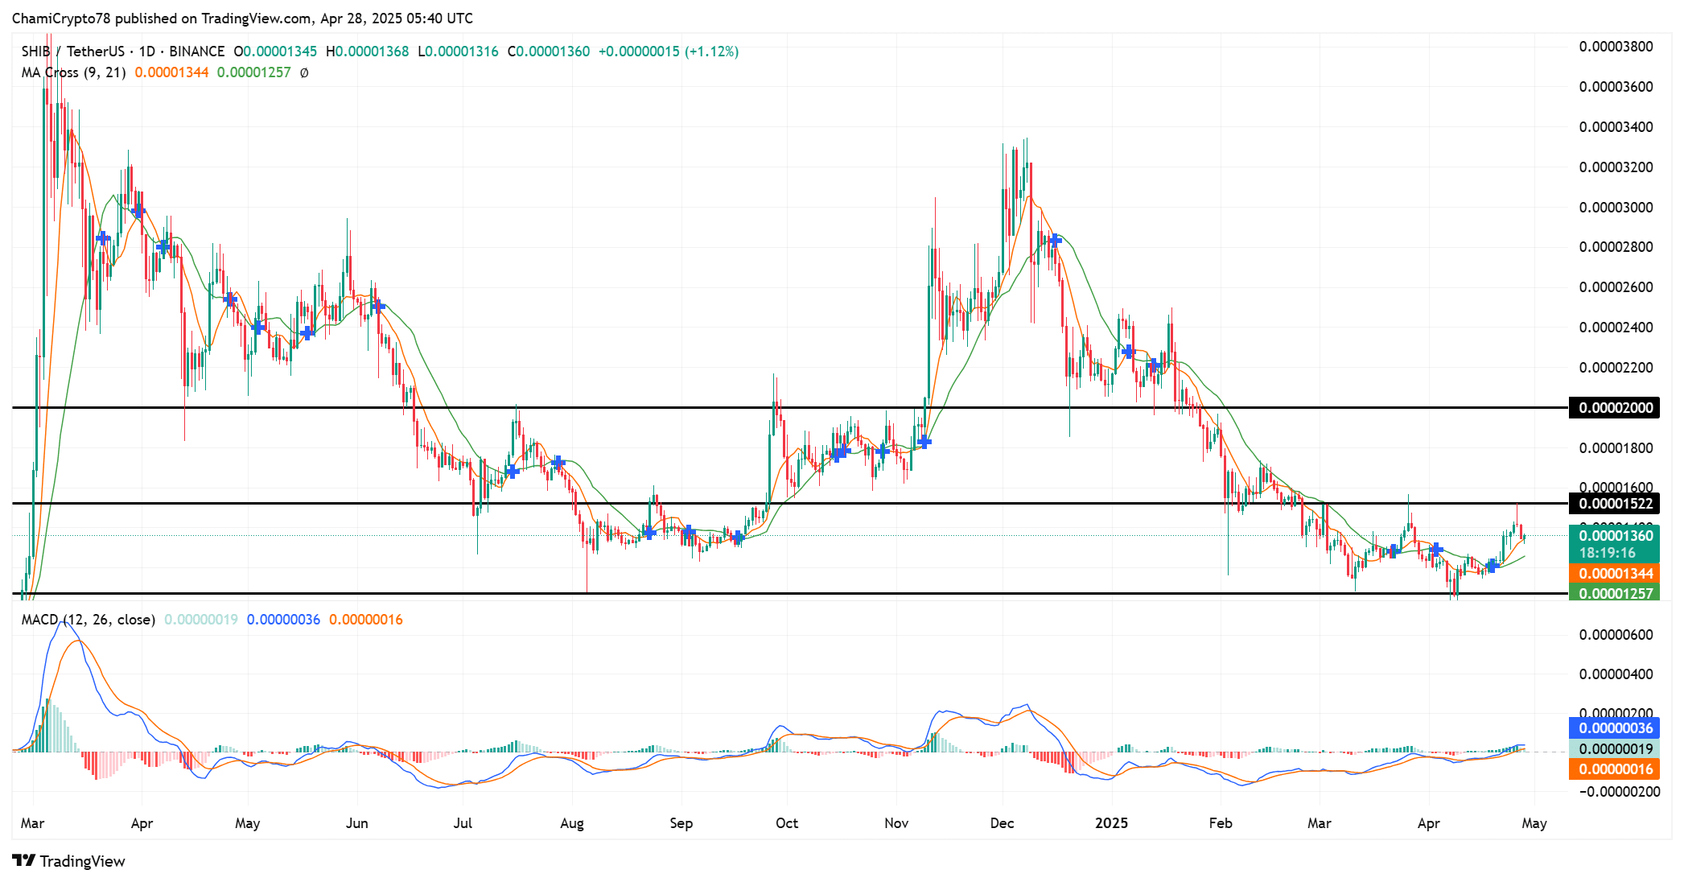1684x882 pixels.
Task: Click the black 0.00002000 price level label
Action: click(x=1615, y=408)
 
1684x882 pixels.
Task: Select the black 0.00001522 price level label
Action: click(x=1615, y=504)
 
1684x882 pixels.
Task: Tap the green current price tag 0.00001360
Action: click(x=1615, y=536)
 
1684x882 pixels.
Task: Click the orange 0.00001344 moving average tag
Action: click(x=1615, y=574)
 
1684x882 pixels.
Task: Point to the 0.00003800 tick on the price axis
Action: click(x=1616, y=47)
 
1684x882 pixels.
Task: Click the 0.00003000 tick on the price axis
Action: click(x=1616, y=208)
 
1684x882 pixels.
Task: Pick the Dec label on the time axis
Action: click(x=1002, y=823)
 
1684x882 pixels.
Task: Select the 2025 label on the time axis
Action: click(x=1112, y=823)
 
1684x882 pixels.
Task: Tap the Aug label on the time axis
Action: click(x=572, y=823)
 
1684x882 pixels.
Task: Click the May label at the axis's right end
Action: click(x=1534, y=823)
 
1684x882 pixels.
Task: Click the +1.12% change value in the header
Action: click(x=711, y=52)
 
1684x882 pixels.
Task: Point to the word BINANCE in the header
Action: click(x=196, y=52)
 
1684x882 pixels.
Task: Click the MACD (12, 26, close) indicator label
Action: click(x=89, y=620)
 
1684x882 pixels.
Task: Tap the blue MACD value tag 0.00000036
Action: click(x=1615, y=728)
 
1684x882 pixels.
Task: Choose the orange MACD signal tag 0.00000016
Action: click(x=1615, y=769)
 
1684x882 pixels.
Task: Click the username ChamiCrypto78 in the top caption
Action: click(x=60, y=19)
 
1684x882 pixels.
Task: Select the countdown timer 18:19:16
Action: click(x=1607, y=553)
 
